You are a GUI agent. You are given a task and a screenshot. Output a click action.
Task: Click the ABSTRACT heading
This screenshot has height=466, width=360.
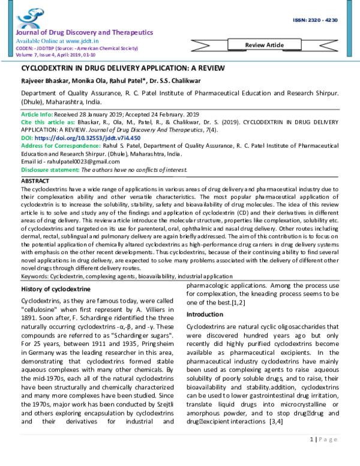35,180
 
